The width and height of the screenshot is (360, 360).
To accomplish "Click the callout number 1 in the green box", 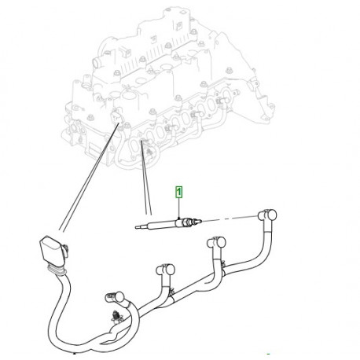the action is tap(179, 192).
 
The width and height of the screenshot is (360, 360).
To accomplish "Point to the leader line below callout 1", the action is tap(178, 208).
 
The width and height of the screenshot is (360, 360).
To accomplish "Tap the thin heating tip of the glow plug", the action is tap(142, 227).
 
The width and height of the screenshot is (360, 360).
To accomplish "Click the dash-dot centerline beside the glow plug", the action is tap(230, 218).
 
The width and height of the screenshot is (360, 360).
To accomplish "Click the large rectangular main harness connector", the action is tap(51, 249).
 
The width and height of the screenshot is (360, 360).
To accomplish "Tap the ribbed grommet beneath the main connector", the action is tap(56, 270).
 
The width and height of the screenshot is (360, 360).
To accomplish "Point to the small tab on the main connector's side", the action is tap(66, 249).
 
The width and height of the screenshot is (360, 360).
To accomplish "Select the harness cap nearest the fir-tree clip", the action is tap(115, 296).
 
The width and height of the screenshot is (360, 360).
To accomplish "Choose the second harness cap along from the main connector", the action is tap(166, 270).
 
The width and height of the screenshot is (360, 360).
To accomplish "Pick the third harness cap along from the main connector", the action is tap(217, 242).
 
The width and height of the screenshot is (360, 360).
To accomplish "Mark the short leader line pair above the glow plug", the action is tap(146, 178).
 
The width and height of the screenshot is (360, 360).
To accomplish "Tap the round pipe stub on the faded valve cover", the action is tap(96, 63).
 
